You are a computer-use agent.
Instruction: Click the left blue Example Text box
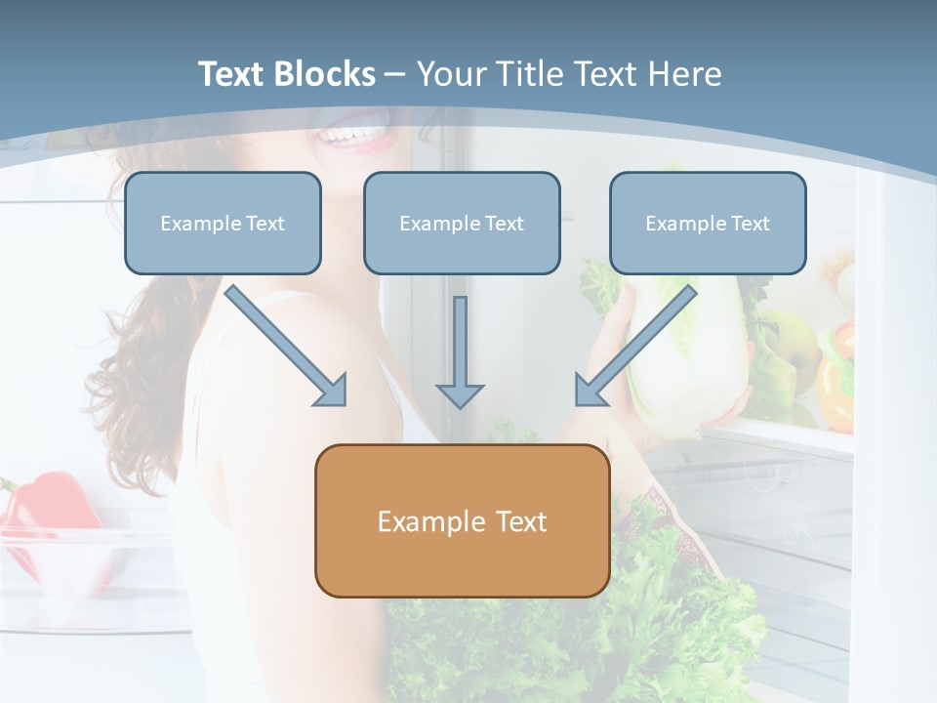223,223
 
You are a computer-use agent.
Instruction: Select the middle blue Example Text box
462,223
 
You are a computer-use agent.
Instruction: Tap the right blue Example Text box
708,223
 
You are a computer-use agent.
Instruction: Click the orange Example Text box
462,520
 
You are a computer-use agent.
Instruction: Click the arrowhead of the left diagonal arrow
332,390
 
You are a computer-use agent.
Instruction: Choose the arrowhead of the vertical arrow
460,394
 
